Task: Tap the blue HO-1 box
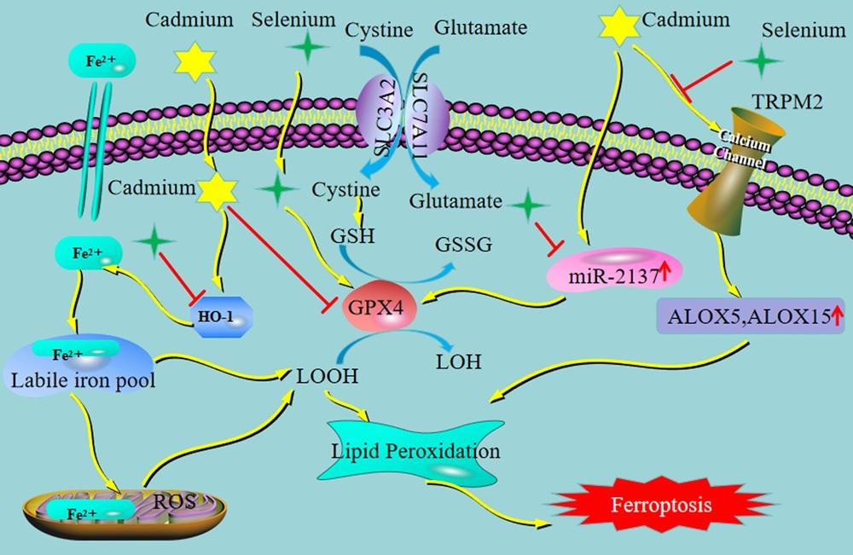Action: (222, 317)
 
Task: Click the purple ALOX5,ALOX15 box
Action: (751, 315)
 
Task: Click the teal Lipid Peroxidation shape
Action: (412, 451)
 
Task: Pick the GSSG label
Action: (463, 246)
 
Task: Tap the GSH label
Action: (352, 236)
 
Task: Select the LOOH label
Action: (327, 376)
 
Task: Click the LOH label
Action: (459, 361)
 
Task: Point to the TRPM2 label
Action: (786, 101)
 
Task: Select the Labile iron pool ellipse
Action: (80, 365)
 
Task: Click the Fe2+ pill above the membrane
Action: (102, 61)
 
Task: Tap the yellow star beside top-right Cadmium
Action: (619, 26)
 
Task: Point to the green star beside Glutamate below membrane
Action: (527, 205)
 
